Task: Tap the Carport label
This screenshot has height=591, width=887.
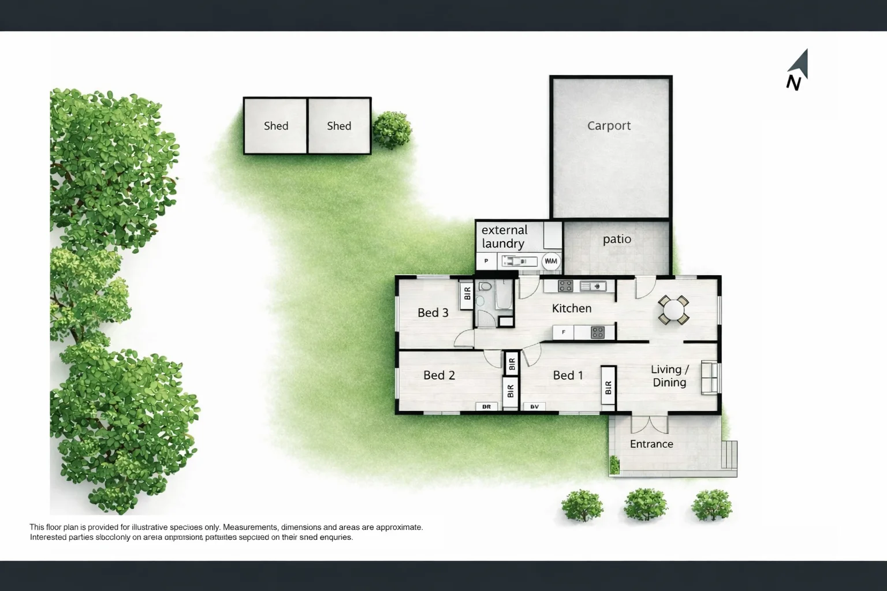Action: coord(609,126)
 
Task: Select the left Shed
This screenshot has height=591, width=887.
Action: coord(275,126)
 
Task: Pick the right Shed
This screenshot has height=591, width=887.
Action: coord(339,126)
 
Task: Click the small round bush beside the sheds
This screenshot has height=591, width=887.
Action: coord(392,130)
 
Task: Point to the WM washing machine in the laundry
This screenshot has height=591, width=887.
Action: coord(551,261)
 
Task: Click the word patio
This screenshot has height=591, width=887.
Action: coord(617,239)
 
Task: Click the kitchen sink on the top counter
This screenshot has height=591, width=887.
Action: coord(592,286)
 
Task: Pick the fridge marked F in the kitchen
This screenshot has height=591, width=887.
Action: coord(564,332)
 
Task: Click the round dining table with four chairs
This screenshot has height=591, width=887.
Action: coord(673,310)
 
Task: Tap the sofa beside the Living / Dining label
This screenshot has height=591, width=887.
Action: coord(710,377)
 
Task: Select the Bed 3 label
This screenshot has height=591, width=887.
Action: coord(433,313)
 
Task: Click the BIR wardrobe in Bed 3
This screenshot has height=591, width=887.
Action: coord(467,293)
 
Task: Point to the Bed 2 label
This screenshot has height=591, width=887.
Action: coord(439,375)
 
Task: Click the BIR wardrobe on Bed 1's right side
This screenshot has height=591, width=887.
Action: coord(608,388)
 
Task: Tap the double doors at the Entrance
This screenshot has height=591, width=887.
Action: coord(650,424)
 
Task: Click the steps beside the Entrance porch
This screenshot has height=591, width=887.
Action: coord(730,455)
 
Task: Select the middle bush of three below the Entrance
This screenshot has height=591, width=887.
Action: coord(645,504)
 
